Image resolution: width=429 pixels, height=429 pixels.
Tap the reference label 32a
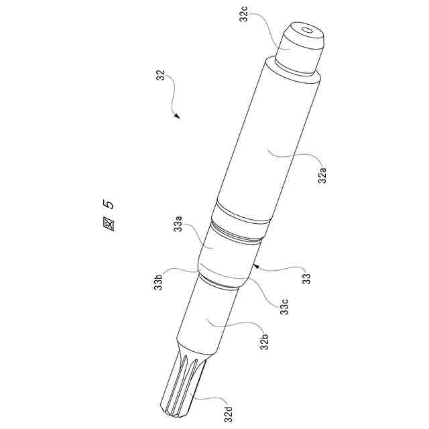click(322, 176)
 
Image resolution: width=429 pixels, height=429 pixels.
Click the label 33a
click(179, 223)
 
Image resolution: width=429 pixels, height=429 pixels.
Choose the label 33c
click(284, 307)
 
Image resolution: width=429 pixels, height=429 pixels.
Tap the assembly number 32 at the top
click(161, 76)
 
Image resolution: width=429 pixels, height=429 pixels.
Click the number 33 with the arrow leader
click(307, 279)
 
